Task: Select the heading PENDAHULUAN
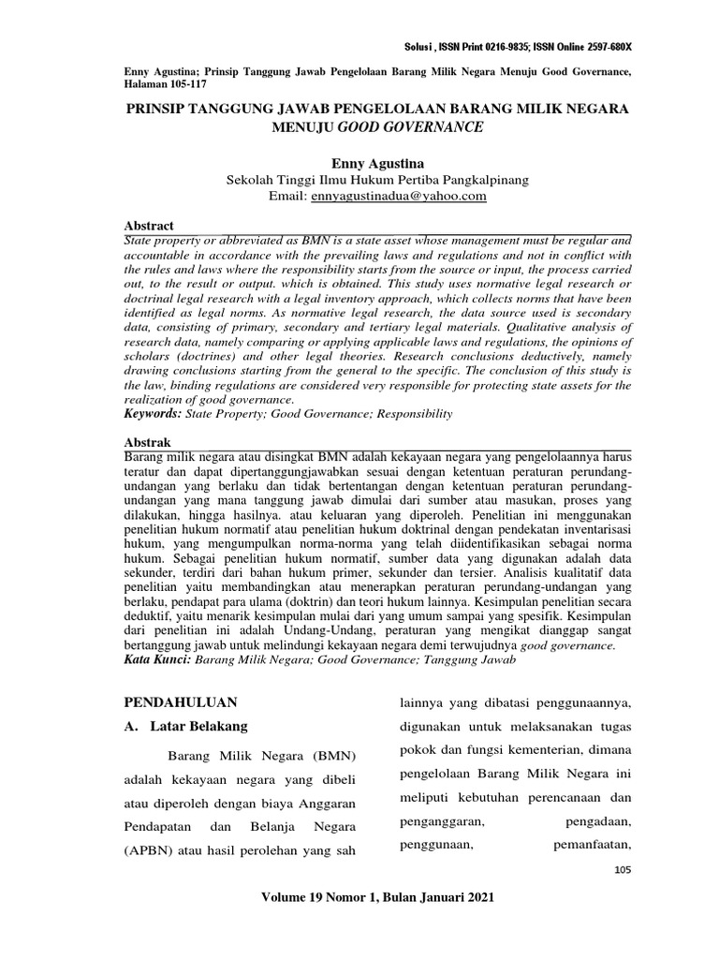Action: (181, 701)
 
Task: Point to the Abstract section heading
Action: (150, 227)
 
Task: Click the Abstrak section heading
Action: (148, 440)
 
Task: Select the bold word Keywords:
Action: (154, 413)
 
